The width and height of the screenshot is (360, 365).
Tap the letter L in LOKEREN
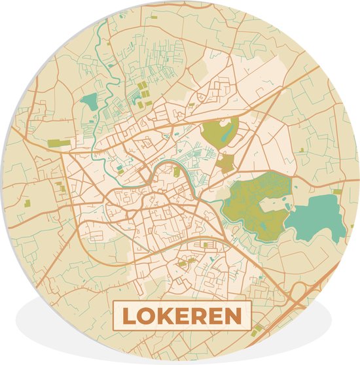coord(128,317)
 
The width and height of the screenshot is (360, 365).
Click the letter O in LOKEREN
coord(146,317)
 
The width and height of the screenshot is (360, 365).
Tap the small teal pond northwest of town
coord(88,101)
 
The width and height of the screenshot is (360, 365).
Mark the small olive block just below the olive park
coord(226,163)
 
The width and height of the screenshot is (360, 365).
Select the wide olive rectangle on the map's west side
coord(59,143)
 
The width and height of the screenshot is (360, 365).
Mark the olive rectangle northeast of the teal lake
coord(338,192)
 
